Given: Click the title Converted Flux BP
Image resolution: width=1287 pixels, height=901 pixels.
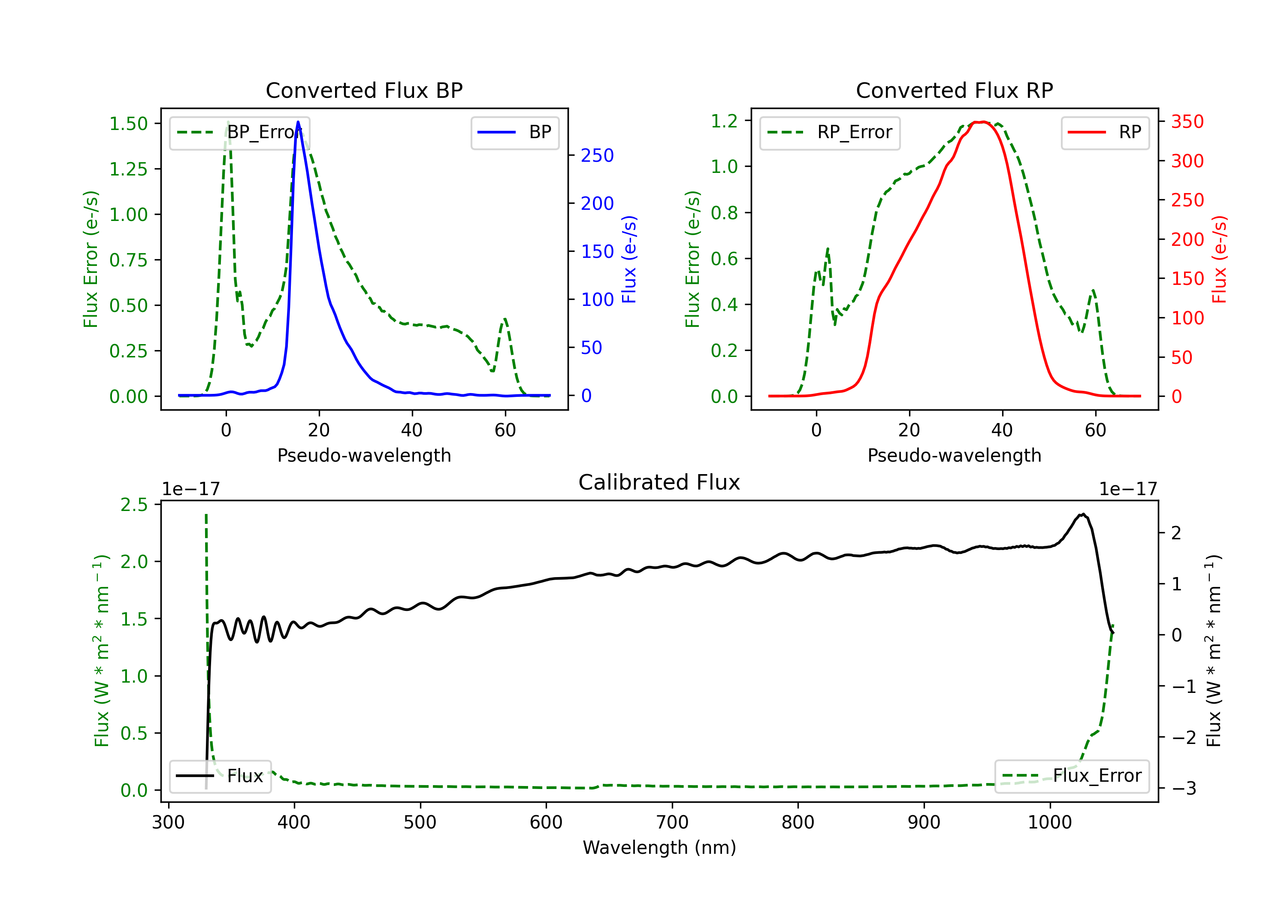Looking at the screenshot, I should (x=364, y=90).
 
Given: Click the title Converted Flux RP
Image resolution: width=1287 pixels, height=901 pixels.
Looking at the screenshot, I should (x=954, y=90).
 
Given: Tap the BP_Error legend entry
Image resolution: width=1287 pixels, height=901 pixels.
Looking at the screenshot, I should (x=240, y=132).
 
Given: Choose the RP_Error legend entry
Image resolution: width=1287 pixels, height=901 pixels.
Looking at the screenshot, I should (x=830, y=132).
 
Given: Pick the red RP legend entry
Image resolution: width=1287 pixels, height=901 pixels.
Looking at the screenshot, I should (x=1105, y=132).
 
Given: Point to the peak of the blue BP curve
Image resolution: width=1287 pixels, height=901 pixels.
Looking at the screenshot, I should (x=298, y=122).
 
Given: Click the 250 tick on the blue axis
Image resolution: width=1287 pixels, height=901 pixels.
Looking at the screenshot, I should (x=597, y=155).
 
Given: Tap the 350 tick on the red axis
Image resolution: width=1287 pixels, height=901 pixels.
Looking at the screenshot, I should (x=1187, y=122).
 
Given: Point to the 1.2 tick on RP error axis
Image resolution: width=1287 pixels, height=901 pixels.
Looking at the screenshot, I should (x=724, y=121).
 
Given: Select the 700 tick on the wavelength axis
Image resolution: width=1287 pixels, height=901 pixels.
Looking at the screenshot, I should (x=672, y=822).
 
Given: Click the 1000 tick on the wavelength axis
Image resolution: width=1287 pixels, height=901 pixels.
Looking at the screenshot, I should (x=1049, y=822).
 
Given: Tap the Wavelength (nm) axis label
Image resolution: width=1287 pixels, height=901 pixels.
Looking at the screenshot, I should (x=659, y=847).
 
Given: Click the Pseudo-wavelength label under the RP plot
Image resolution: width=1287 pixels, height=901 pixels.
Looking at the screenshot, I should (x=954, y=455).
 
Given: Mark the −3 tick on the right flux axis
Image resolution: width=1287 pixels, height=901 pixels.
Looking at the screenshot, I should (x=1184, y=788).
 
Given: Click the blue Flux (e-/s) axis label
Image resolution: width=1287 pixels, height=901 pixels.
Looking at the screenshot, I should (x=629, y=259).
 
